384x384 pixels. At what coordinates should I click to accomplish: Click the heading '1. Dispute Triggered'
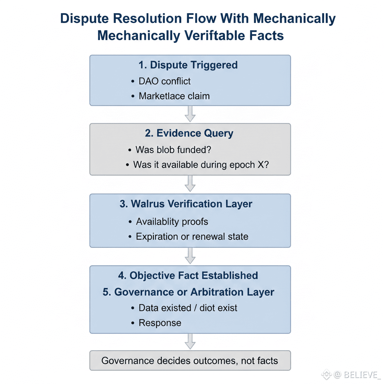tap(188, 65)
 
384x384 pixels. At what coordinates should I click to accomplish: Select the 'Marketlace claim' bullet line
tap(174, 96)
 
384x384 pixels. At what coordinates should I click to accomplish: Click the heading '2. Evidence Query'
tap(189, 133)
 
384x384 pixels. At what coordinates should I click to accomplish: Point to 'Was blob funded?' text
tap(173, 150)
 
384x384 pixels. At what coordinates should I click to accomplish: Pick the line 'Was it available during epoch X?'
tap(201, 165)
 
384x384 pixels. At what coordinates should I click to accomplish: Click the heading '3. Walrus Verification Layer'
tap(186, 204)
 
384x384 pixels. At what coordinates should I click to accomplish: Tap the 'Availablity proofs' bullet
tap(172, 222)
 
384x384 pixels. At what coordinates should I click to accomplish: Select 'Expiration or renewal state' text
tap(192, 237)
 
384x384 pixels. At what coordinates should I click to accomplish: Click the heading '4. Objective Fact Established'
tap(188, 276)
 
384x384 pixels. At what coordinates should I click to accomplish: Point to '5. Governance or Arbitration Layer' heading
tap(188, 292)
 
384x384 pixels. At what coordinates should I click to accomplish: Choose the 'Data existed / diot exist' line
tap(188, 308)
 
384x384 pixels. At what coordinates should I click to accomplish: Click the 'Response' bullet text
tap(160, 323)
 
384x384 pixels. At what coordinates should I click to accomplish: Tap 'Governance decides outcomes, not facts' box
tap(190, 361)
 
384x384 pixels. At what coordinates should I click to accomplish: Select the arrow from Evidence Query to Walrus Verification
tap(190, 184)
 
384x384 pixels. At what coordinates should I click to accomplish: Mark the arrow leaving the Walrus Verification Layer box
tap(190, 256)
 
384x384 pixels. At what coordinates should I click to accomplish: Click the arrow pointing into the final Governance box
tap(190, 341)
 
